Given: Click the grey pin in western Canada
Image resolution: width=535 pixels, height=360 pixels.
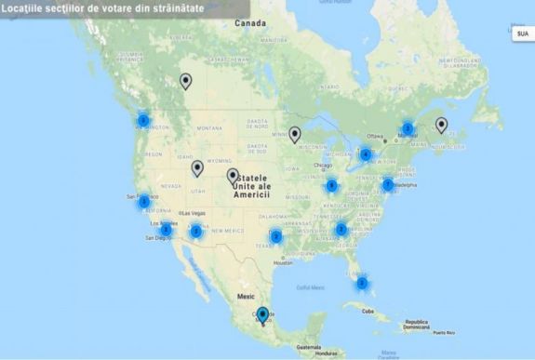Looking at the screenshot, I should click(185, 81).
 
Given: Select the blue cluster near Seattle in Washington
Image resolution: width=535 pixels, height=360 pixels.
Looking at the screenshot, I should click(143, 121).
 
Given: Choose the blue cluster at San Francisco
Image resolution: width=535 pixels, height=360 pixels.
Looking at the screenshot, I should click(143, 198).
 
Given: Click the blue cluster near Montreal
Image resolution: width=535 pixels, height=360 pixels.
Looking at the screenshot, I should click(408, 128).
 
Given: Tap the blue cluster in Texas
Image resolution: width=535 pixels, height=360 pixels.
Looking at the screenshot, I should click(276, 236).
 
